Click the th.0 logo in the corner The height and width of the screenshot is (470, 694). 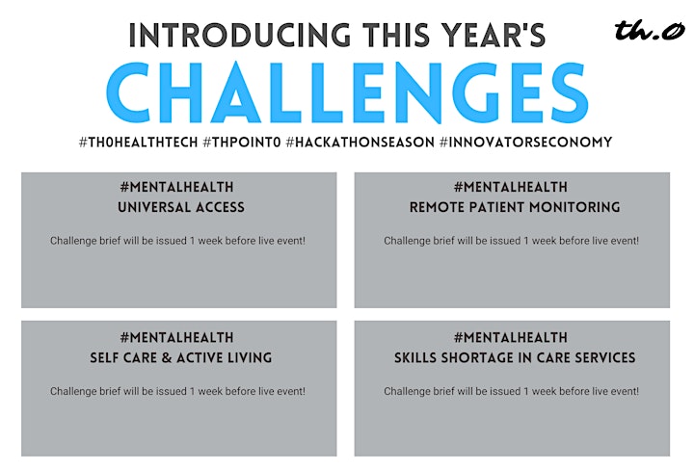pos(650,30)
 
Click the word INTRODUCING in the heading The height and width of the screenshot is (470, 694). pos(240,36)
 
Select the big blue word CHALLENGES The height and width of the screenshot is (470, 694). pos(347,92)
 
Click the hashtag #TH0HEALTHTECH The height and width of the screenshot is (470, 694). pos(138,143)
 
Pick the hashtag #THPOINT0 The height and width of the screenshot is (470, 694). pos(242,143)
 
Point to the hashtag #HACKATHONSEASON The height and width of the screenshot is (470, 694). pos(360,143)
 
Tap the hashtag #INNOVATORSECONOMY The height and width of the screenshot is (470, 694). pos(526,143)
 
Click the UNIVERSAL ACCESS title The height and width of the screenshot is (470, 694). pos(181,207)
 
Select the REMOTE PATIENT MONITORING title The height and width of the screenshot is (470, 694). pos(515,207)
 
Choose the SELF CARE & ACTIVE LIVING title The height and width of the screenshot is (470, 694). pos(181,357)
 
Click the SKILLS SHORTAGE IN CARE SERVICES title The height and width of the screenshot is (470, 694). pos(515,357)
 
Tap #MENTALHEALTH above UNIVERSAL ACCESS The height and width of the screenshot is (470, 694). pos(176,187)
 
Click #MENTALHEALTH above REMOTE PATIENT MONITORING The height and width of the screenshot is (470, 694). pos(510,187)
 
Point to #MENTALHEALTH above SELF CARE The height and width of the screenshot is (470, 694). pos(176,338)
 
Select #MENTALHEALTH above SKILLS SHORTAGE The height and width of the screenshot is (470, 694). pos(510,338)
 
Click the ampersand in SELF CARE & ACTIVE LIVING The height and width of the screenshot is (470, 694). pos(167,357)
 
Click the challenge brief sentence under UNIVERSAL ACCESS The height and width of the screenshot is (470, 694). pos(177,241)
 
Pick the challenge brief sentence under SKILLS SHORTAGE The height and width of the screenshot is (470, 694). pos(511,391)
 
